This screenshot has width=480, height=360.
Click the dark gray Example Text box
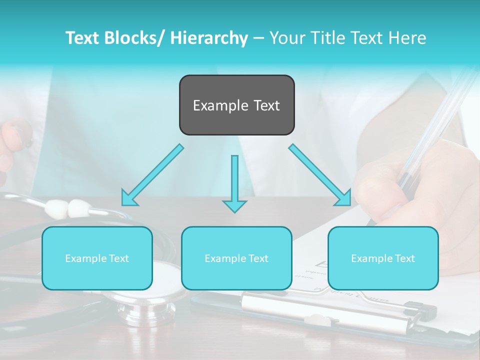(236, 105)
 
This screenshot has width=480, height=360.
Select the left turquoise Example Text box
(97, 258)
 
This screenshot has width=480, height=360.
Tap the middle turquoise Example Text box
(236, 258)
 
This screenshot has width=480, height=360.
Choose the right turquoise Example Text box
(383, 258)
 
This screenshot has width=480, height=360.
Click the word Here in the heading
(408, 38)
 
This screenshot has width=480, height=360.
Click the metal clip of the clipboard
(320, 307)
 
